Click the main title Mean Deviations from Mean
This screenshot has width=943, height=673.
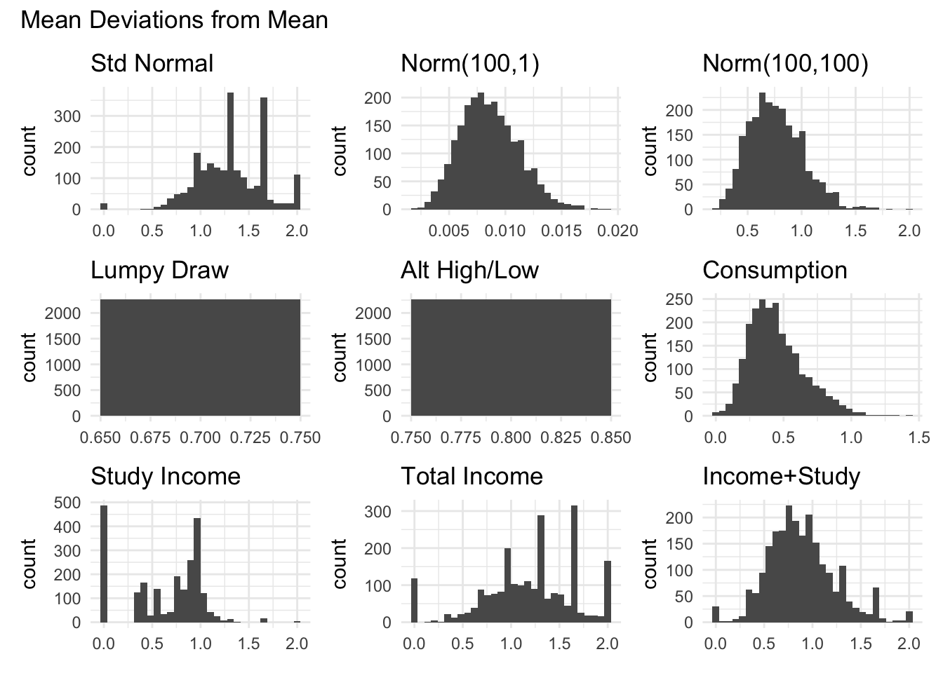tap(175, 20)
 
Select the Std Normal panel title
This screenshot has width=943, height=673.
tap(152, 64)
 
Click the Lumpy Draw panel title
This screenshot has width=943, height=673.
tap(160, 270)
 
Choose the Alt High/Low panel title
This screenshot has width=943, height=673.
tap(469, 270)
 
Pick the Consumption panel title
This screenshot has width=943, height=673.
tap(775, 270)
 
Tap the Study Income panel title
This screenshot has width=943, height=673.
tap(166, 476)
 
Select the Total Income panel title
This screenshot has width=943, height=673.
tap(471, 476)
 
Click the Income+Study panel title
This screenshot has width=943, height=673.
tap(781, 476)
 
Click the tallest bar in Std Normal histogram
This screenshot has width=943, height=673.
tap(230, 151)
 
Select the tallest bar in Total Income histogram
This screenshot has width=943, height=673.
tap(574, 564)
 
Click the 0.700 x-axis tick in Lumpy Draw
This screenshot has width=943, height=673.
tap(201, 438)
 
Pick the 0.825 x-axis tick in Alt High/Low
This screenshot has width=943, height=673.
tap(561, 438)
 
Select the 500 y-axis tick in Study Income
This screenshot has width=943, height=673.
tap(70, 502)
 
